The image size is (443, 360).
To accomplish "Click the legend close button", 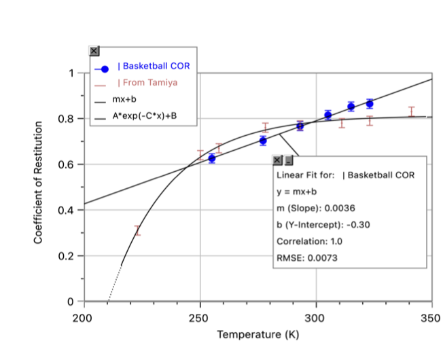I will (x=94, y=51).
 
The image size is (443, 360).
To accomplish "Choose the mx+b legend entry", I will (x=123, y=99).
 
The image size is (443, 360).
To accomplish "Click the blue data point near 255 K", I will (x=212, y=158).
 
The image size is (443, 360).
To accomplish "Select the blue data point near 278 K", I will (x=263, y=141).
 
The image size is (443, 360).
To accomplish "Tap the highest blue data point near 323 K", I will (x=370, y=103).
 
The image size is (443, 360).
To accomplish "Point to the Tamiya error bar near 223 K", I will (x=137, y=230).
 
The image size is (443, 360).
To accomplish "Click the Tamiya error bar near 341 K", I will (x=411, y=111).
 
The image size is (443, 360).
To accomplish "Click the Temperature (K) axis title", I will (x=258, y=335).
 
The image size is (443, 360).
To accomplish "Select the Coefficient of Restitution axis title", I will (x=39, y=183).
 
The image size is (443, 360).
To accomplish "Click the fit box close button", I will (x=277, y=161).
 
